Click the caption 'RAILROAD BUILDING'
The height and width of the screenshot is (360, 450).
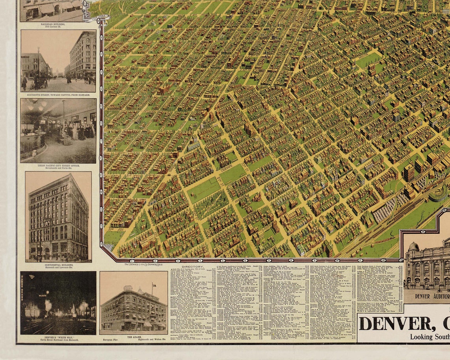(52, 24)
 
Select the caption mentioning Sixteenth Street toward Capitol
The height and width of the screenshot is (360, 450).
(58, 95)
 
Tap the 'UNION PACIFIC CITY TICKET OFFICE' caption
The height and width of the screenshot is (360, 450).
(58, 166)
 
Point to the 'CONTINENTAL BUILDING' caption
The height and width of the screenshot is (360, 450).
(58, 266)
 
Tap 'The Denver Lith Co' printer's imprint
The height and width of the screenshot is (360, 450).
(143, 264)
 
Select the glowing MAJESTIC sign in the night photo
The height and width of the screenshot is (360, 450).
(43, 294)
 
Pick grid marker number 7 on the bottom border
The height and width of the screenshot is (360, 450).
(269, 261)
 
